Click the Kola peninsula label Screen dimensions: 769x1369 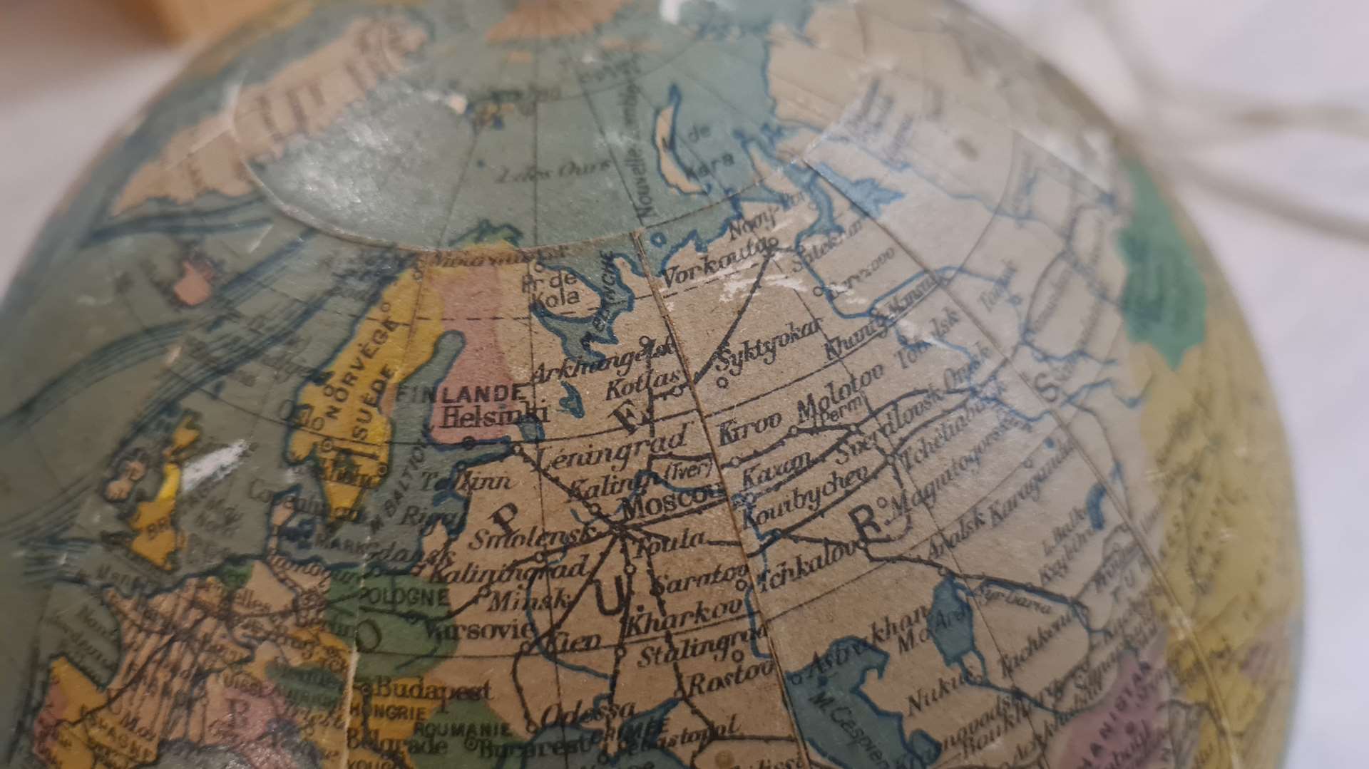coord(560,289)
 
